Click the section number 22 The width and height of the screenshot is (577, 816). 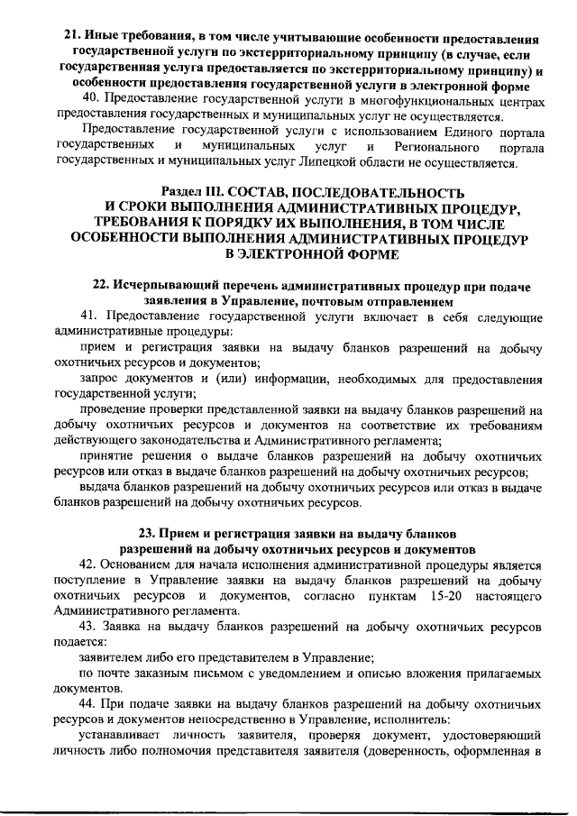click(101, 286)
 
